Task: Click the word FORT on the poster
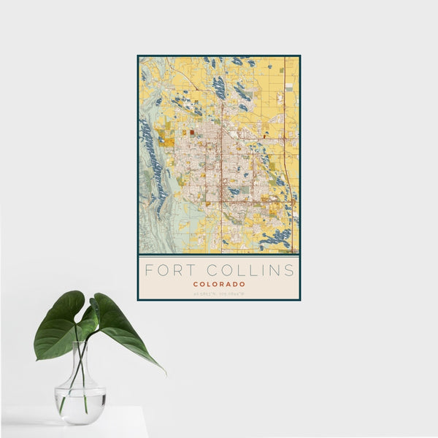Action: [x=167, y=270]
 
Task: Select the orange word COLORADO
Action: [x=219, y=284]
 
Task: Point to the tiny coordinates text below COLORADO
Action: [x=219, y=293]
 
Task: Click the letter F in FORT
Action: [x=149, y=270]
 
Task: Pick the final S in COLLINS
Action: [x=291, y=270]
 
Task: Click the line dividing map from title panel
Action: [x=219, y=255]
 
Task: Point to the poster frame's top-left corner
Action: [x=138, y=55]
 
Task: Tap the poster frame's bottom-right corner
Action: [x=299, y=299]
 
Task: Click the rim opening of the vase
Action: [x=80, y=344]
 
